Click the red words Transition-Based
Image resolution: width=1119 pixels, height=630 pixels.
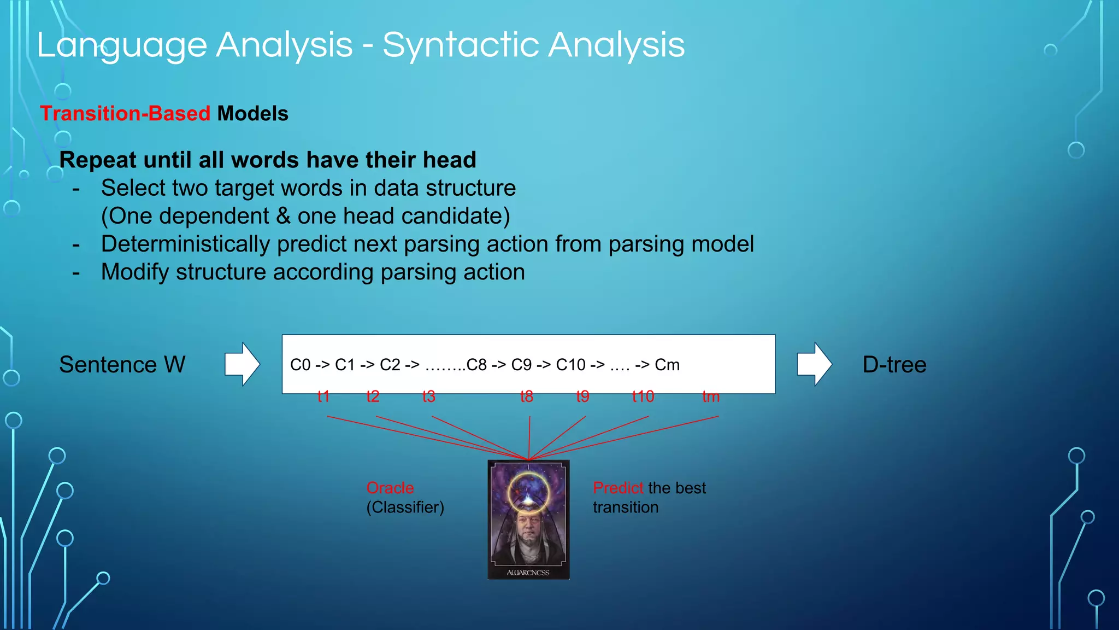pos(125,114)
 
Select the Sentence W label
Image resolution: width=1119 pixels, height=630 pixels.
pos(122,365)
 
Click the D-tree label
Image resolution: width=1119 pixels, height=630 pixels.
pos(894,365)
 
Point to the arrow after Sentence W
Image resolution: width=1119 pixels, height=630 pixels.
pos(242,364)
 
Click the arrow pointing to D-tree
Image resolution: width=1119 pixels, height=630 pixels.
pos(814,364)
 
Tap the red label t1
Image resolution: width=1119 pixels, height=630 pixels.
pos(323,396)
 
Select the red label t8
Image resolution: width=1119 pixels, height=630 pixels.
pos(527,396)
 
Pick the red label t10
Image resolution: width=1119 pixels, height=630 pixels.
pos(643,396)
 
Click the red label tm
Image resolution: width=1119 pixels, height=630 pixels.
pos(711,396)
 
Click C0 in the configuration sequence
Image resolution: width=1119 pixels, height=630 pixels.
pos(300,365)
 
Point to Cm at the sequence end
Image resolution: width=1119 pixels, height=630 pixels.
pos(667,365)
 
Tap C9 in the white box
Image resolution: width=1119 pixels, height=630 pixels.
pos(521,365)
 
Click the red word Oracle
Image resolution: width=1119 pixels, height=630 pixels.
pos(390,488)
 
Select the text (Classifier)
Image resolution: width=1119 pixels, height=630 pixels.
pos(405,507)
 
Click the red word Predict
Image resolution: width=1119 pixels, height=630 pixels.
pos(618,488)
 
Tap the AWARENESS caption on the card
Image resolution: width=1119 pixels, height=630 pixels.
pos(528,573)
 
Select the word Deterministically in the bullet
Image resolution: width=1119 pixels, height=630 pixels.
pos(185,244)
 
